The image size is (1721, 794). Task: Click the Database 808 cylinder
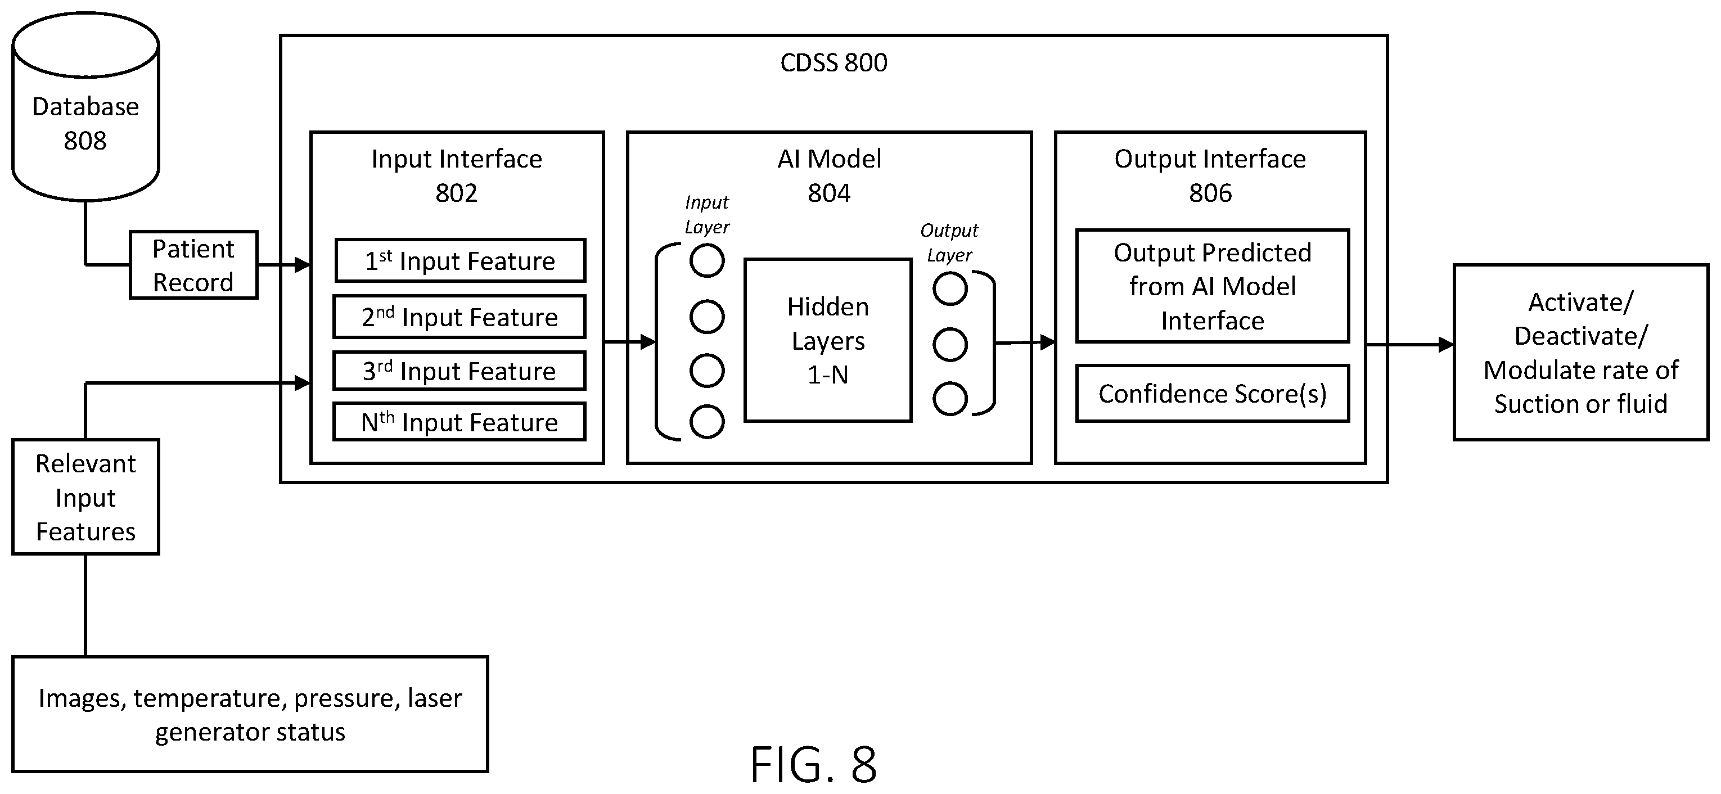[x=85, y=107]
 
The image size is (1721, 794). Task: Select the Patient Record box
[x=193, y=265]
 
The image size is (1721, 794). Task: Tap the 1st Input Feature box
[x=460, y=260]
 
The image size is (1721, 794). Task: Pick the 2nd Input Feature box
[x=459, y=317]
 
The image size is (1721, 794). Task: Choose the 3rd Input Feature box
[x=459, y=371]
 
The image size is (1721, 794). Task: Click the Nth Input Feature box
[x=459, y=421]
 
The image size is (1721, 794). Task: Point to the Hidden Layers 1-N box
[x=828, y=341]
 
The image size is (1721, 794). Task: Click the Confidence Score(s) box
[x=1213, y=393]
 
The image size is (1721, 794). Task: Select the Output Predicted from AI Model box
[x=1213, y=286]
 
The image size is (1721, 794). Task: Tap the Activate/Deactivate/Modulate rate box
[x=1581, y=353]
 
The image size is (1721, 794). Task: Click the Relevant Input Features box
[x=85, y=497]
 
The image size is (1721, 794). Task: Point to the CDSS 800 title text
[x=834, y=63]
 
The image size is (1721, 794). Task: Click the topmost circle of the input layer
[x=707, y=260]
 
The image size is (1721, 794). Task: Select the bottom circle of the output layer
[x=950, y=399]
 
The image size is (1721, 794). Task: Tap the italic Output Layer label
[x=949, y=242]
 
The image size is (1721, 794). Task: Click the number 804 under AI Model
[x=829, y=193]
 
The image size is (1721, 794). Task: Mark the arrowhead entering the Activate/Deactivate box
[x=1446, y=345]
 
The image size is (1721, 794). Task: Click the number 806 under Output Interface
[x=1210, y=193]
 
